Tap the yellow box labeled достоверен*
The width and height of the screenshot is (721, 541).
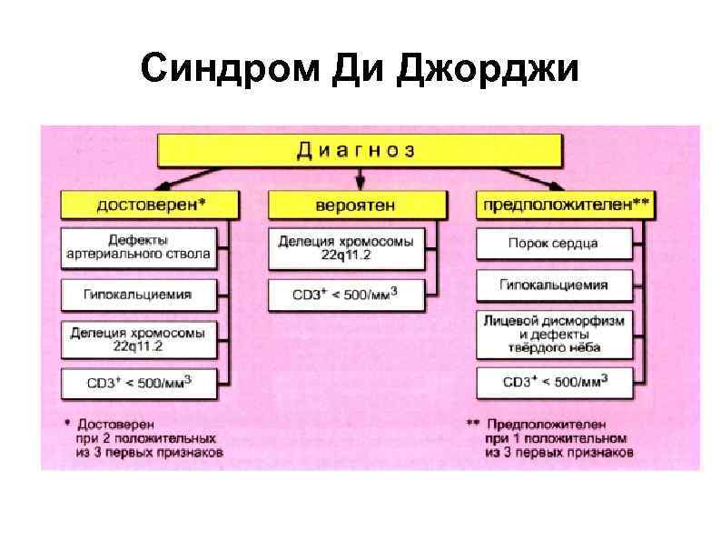click(150, 205)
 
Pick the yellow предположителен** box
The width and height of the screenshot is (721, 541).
click(564, 205)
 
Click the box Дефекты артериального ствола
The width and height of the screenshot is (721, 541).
click(138, 247)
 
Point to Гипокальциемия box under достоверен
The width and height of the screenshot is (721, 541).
click(138, 295)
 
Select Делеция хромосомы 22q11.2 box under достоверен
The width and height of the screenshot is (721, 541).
click(138, 340)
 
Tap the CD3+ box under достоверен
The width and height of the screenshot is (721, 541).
click(138, 382)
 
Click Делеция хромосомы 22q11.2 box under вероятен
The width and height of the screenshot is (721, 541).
click(345, 247)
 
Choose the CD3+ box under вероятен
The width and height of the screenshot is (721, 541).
click(345, 295)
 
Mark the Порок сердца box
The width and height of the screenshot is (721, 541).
click(553, 243)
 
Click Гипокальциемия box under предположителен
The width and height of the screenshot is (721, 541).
click(553, 285)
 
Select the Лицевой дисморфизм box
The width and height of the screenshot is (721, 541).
click(553, 334)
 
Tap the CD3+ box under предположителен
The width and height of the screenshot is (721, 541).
click(553, 382)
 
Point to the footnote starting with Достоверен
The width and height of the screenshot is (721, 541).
click(145, 437)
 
